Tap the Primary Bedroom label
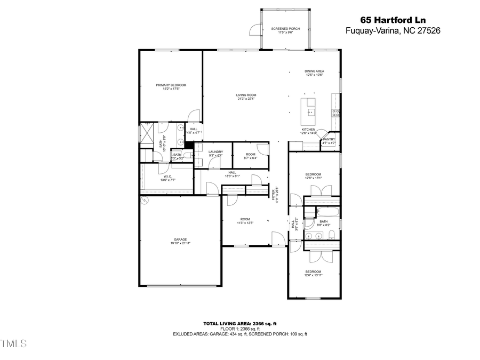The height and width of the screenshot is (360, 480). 171,85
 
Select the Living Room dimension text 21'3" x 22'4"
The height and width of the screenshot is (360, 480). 246,99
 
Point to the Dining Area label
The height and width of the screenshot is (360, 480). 314,71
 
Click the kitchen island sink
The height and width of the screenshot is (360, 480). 310,112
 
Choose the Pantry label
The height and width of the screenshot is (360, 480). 329,139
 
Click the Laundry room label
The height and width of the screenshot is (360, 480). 215,151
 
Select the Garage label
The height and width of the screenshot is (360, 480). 180,240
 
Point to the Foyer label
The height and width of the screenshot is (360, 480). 274,195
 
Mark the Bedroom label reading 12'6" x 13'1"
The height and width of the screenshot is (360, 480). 313,174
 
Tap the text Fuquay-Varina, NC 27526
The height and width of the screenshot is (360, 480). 393,30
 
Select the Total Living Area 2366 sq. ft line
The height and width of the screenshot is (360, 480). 239,324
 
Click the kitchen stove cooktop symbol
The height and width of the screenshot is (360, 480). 336,113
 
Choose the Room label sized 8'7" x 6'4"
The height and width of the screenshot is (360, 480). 250,155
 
